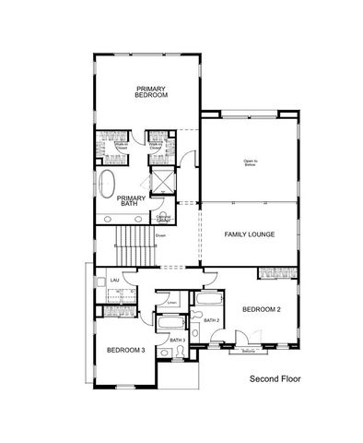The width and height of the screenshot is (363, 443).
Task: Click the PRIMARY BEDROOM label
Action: pyautogui.click(x=150, y=91)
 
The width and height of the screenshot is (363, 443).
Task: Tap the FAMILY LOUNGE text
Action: pyautogui.click(x=250, y=234)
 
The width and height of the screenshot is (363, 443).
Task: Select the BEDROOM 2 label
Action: pyautogui.click(x=258, y=310)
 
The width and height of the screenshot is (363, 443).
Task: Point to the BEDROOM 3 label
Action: pyautogui.click(x=125, y=350)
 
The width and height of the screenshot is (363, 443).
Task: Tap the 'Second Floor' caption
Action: pyautogui.click(x=275, y=378)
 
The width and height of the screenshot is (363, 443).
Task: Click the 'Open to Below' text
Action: pyautogui.click(x=250, y=163)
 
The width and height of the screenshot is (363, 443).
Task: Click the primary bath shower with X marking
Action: pyautogui.click(x=162, y=181)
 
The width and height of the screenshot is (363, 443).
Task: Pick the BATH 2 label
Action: pyautogui.click(x=211, y=320)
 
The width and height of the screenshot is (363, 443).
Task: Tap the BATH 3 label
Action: pyautogui.click(x=178, y=341)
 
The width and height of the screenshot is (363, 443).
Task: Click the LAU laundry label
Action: pyautogui.click(x=115, y=279)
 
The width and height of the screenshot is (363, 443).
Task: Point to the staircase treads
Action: pyautogui.click(x=131, y=247)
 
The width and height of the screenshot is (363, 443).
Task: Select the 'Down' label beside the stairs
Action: pyautogui.click(x=159, y=235)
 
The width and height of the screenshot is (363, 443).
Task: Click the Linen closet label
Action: pyautogui.click(x=171, y=302)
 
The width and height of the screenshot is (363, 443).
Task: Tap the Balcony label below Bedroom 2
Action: pyautogui.click(x=248, y=351)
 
